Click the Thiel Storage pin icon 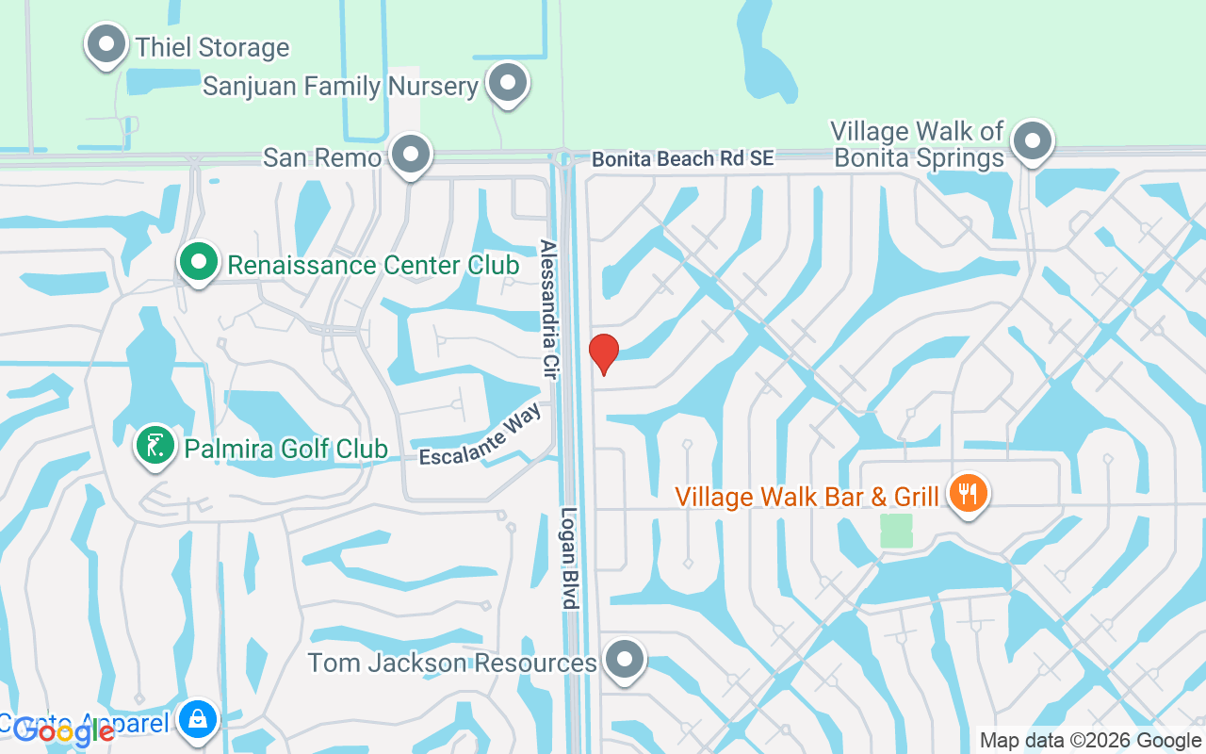106,43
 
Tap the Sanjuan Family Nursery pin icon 508,83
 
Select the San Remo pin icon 410,155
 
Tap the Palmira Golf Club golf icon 155,447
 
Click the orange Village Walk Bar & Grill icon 968,493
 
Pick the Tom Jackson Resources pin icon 624,661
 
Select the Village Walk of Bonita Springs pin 1033,142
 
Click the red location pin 604,353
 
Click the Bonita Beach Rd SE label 682,159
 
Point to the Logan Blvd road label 569,560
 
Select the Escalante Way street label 481,437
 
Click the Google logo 64,731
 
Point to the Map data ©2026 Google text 1090,740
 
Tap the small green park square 896,531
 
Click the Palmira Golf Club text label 285,449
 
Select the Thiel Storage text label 212,47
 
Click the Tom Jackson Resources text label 452,663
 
